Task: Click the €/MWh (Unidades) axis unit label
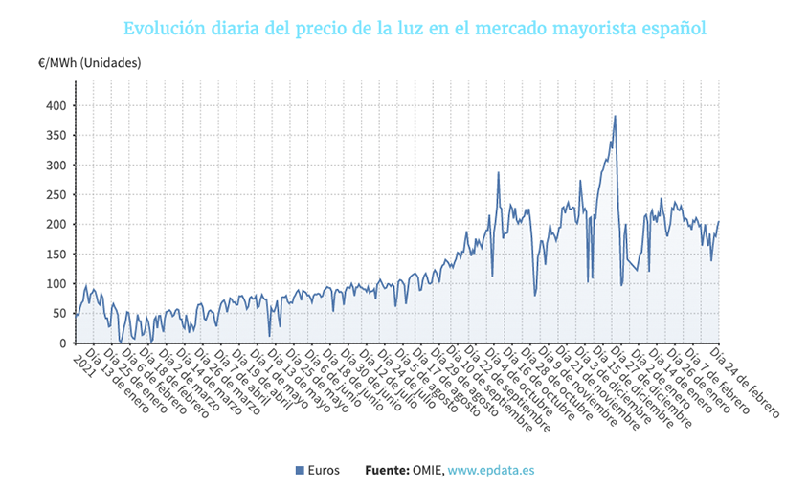[x=90, y=63]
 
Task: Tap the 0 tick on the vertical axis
[x=63, y=343]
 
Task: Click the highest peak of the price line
[x=615, y=116]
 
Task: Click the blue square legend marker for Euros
[x=300, y=471]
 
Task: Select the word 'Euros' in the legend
[x=324, y=471]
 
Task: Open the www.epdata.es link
[x=490, y=471]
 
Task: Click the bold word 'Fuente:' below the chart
[x=387, y=471]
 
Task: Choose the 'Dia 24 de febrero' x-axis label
[x=746, y=383]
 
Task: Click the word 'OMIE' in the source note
[x=427, y=471]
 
